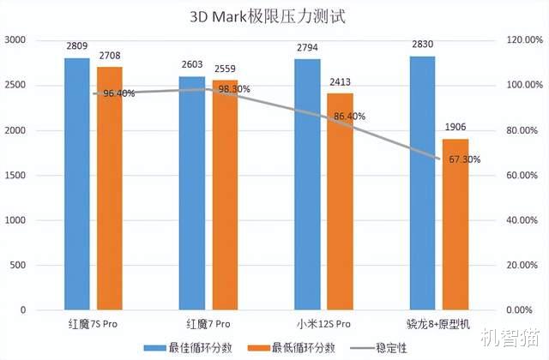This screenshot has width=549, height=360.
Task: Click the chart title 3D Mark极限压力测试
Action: (x=274, y=16)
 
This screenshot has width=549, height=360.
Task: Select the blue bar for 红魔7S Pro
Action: (x=77, y=183)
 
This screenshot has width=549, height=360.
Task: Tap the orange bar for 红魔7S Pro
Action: (x=109, y=188)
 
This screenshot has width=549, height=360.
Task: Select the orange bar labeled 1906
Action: (x=455, y=224)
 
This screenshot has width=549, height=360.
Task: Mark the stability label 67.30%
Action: (x=464, y=159)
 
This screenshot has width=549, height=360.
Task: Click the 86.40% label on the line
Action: (x=349, y=117)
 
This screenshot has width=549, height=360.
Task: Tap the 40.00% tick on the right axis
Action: (x=522, y=220)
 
